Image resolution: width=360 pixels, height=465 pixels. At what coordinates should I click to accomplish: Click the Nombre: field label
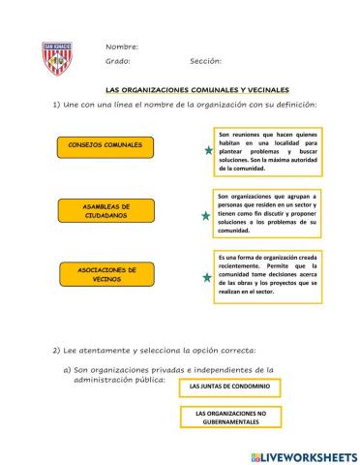tap(122, 46)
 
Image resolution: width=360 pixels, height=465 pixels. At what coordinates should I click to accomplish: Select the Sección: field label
tap(206, 61)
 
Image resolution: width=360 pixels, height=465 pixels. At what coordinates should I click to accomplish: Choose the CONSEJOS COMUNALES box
tap(105, 145)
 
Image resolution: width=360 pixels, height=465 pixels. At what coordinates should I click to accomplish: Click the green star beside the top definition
tap(207, 151)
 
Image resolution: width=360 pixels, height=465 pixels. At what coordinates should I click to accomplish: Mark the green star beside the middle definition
tap(205, 216)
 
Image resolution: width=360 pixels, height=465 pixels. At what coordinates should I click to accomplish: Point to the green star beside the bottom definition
tap(206, 277)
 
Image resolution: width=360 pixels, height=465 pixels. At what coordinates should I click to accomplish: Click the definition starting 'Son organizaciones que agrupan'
tap(268, 213)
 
